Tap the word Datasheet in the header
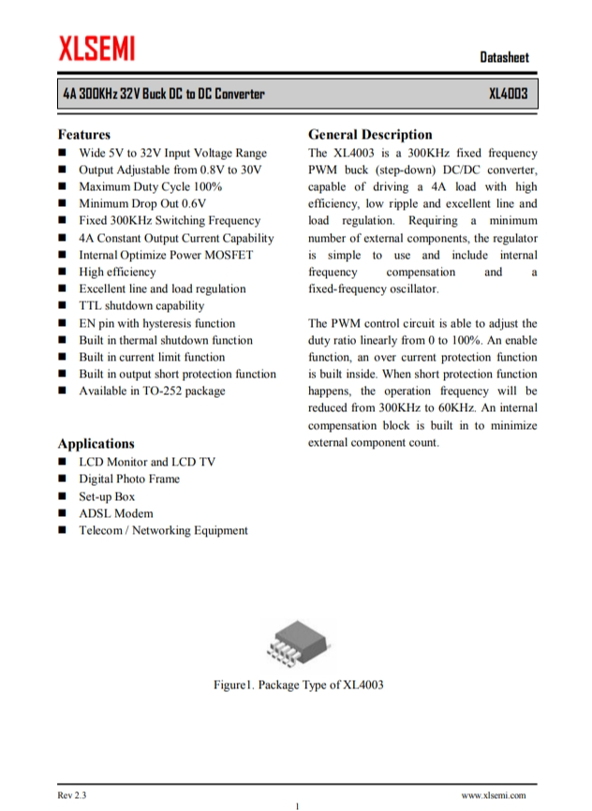504,58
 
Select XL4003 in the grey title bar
509,94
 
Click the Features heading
83,135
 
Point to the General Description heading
370,135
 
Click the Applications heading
96,444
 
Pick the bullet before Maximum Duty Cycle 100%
62,187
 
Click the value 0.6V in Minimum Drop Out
194,204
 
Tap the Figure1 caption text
298,685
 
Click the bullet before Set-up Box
62,496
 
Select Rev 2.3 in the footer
72,795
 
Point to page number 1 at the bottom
296,805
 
